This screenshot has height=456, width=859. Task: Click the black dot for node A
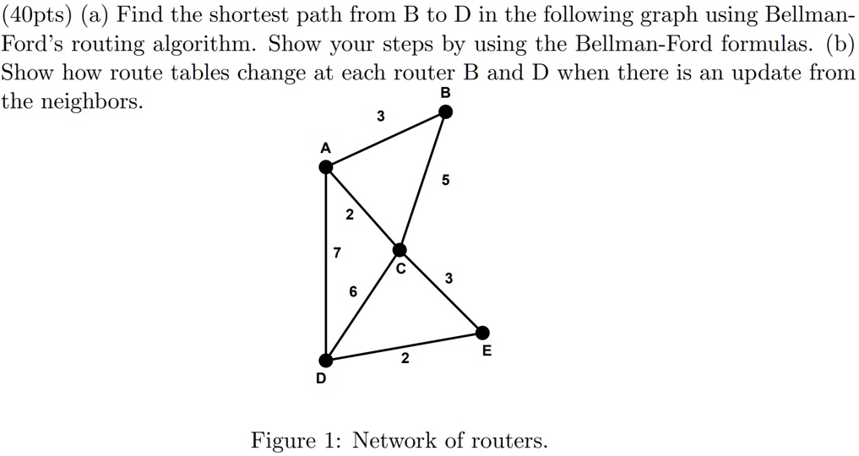pyautogui.click(x=326, y=167)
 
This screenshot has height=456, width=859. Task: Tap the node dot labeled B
pyautogui.click(x=446, y=112)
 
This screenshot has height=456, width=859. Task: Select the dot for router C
pyautogui.click(x=400, y=250)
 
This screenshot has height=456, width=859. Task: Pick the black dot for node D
pyautogui.click(x=326, y=361)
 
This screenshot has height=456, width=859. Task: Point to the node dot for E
pyautogui.click(x=482, y=332)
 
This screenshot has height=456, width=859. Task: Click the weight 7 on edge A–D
pyautogui.click(x=337, y=252)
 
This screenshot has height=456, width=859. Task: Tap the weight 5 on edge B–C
pyautogui.click(x=445, y=180)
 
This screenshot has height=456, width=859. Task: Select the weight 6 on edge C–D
pyautogui.click(x=353, y=292)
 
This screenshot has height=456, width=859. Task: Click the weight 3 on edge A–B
pyautogui.click(x=381, y=116)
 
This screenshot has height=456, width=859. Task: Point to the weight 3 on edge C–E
pyautogui.click(x=449, y=279)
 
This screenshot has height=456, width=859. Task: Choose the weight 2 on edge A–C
pyautogui.click(x=350, y=215)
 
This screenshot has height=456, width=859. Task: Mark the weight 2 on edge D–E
pyautogui.click(x=405, y=359)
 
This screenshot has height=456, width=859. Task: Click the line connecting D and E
pyautogui.click(x=405, y=346)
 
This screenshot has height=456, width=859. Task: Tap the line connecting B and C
pyautogui.click(x=423, y=182)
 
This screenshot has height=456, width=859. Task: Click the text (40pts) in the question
pyautogui.click(x=36, y=15)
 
